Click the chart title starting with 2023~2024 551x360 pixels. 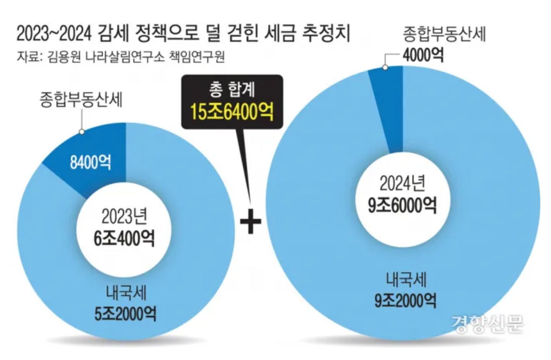183,33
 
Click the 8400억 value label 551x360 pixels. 90,162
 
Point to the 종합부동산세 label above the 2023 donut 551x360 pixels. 81,100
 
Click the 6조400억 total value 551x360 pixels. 124,238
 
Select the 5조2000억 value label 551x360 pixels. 125,313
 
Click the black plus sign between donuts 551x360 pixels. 251,221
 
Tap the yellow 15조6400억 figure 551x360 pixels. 232,111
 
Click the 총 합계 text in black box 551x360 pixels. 232,90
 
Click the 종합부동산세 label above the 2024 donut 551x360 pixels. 444,34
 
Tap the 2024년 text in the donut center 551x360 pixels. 402,184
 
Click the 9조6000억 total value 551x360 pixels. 402,206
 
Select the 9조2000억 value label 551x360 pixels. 405,301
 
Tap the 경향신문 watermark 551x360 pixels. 487,324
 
